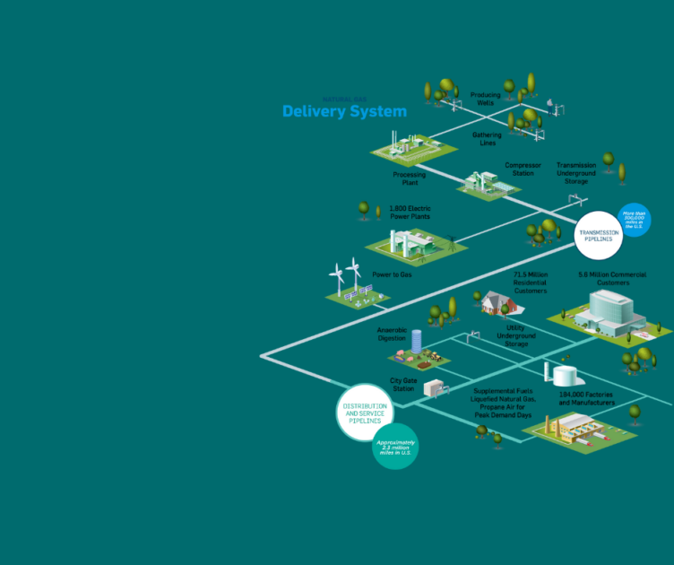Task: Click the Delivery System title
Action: coord(344,112)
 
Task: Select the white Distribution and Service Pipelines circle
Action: coord(366,413)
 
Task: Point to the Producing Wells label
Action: coord(486,98)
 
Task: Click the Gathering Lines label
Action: coord(487,139)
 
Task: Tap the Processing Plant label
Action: coord(409,178)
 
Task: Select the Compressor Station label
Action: coord(523,169)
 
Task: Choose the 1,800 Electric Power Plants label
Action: coord(410,213)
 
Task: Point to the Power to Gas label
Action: coord(393,274)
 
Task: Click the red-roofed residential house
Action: coord(496,303)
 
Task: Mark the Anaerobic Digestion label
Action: coord(392,334)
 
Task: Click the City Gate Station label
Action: coord(402,384)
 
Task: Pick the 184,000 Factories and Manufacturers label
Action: coord(587,398)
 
